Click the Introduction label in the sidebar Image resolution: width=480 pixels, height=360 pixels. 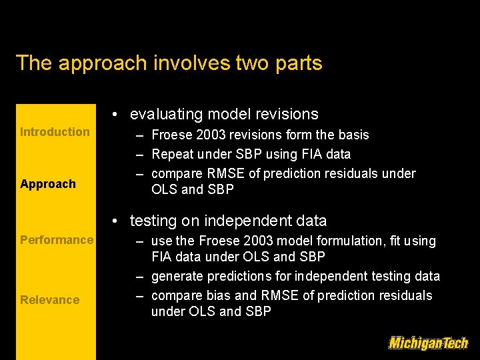(55, 132)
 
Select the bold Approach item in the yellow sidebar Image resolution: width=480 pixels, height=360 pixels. (48, 184)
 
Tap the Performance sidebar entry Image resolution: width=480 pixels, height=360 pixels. (57, 240)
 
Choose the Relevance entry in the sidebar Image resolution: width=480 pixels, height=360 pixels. (49, 300)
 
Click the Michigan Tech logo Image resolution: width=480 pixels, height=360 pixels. (428, 343)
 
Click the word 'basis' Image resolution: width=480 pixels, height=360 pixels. (353, 135)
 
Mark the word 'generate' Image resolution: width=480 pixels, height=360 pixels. (177, 276)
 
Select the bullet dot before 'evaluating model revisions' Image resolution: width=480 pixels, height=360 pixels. (115, 115)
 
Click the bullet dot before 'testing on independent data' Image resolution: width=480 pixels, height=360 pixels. (115, 221)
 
